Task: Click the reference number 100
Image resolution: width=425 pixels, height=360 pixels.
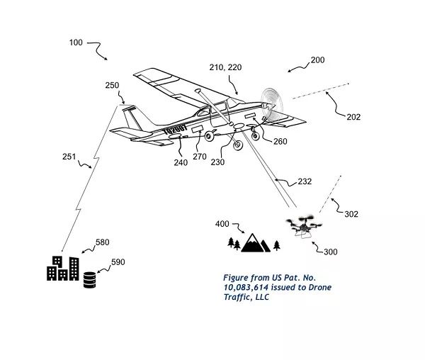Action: (x=76, y=43)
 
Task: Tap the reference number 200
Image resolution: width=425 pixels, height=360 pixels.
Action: (x=317, y=60)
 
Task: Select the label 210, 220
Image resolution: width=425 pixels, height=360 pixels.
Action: (x=225, y=67)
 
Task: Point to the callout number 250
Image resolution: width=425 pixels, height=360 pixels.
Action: (x=112, y=85)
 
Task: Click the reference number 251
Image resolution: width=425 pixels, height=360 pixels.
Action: (x=69, y=157)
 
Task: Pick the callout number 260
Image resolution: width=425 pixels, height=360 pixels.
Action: (x=280, y=141)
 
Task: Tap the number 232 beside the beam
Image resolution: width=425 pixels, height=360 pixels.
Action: (x=305, y=181)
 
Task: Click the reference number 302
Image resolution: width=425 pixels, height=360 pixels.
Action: (x=351, y=214)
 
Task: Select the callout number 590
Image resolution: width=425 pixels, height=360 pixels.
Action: (x=118, y=262)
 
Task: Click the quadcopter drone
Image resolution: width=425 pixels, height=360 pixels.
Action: (x=304, y=226)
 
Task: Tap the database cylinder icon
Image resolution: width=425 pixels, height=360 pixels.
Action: (x=89, y=280)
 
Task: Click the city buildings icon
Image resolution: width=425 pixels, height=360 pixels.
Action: (x=63, y=268)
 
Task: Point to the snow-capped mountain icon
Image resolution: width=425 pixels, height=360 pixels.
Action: (x=255, y=242)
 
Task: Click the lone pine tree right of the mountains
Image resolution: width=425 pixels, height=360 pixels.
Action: (x=276, y=245)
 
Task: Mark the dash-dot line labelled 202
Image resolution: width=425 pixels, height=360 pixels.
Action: (x=320, y=91)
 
